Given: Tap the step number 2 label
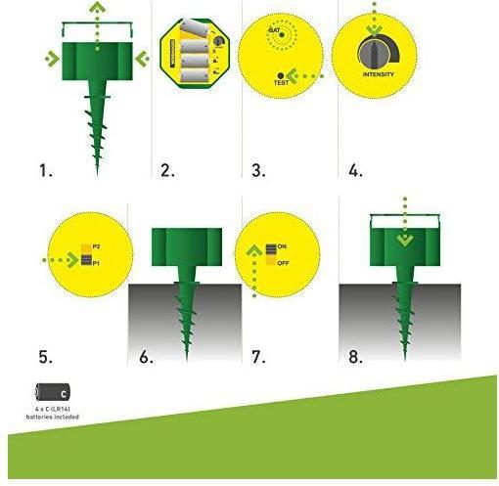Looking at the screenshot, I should pyautogui.click(x=167, y=171).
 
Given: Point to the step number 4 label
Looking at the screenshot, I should pyautogui.click(x=354, y=171).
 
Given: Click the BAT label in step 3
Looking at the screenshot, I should pyautogui.click(x=275, y=32).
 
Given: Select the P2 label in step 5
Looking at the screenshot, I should pyautogui.click(x=96, y=247).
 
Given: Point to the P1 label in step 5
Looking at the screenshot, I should pyautogui.click(x=96, y=263).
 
